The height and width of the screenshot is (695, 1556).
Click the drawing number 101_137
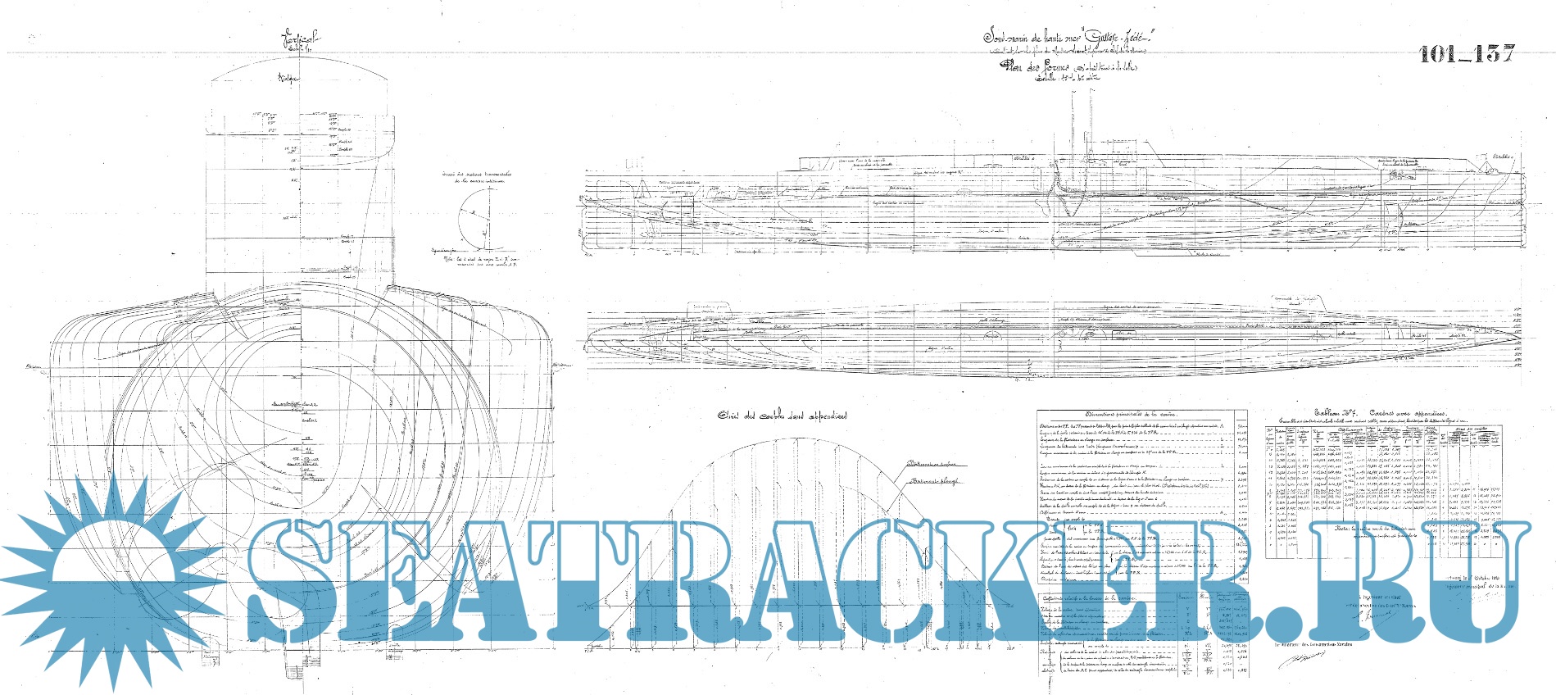tap(1466, 54)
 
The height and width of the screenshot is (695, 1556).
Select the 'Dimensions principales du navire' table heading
tap(1141, 415)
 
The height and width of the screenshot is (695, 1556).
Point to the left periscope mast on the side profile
tap(1073, 131)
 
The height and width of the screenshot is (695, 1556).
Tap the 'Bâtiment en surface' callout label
tap(932, 464)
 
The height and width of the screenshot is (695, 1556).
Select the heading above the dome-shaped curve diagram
tap(783, 416)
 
